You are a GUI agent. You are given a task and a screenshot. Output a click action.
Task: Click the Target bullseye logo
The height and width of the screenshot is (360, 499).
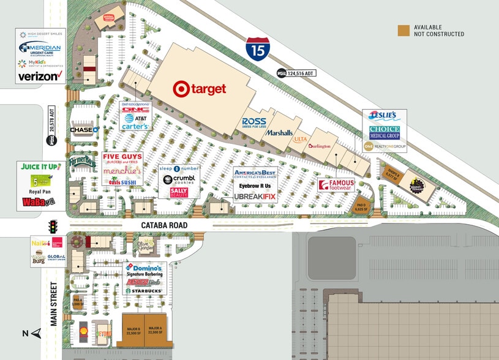[x=181, y=89]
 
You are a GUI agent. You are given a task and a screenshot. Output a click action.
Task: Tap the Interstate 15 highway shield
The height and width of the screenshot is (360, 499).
[x=257, y=48]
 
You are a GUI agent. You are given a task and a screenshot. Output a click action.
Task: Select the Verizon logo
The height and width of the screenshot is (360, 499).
[x=41, y=77]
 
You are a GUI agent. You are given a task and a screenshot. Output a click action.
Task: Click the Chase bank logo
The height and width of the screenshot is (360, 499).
[x=84, y=130]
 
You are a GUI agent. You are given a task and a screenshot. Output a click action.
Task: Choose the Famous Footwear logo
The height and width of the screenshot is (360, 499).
[x=337, y=184]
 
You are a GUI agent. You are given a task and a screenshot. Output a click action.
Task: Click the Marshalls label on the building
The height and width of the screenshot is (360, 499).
[x=279, y=132]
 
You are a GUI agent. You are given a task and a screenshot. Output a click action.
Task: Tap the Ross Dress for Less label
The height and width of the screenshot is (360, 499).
[x=254, y=122]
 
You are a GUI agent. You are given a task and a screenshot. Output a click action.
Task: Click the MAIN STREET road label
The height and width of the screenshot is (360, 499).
[x=53, y=303]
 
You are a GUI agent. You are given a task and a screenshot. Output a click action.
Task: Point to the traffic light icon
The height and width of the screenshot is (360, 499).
[x=53, y=225]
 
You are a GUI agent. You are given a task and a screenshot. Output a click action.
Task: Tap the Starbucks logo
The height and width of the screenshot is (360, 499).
[x=144, y=290]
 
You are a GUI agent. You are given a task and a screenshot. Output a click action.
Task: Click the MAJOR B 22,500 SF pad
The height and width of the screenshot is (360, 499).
[x=133, y=331]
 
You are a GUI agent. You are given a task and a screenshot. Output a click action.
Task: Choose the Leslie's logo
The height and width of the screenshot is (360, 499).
[x=384, y=115]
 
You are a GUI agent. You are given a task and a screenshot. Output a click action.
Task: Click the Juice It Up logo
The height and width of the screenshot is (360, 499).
[x=41, y=167]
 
